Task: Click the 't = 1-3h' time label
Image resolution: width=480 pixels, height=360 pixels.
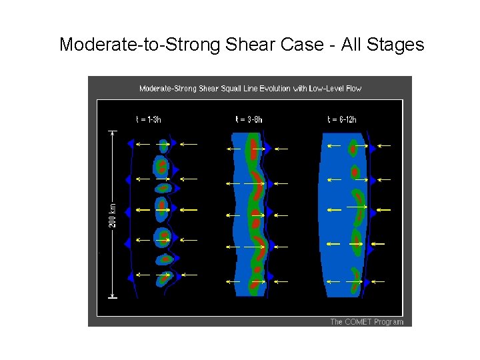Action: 148,120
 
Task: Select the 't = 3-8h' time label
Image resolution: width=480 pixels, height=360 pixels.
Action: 249,120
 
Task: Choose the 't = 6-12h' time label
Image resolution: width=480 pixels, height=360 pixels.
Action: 342,120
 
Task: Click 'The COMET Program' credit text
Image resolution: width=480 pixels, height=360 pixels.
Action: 367,322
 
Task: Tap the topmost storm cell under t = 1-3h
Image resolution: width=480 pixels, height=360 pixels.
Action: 163,145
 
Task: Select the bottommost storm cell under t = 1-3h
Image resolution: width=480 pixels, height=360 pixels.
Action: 164,277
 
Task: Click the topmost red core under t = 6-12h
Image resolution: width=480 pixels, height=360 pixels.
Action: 353,148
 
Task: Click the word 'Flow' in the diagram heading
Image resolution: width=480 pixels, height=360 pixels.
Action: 353,88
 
